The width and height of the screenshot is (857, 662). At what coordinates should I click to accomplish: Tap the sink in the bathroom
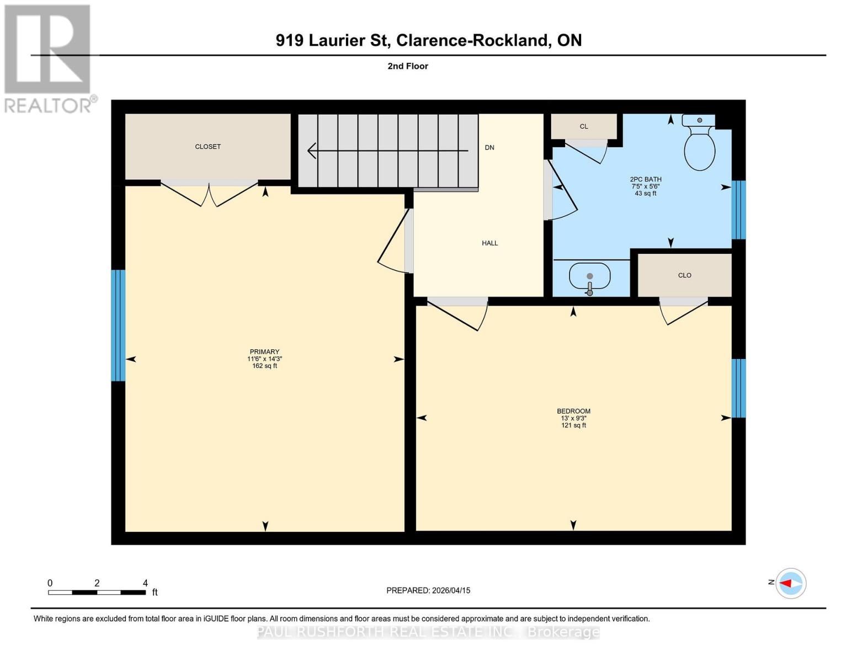pos(589,276)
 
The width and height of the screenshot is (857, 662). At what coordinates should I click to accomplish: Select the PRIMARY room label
pos(264,352)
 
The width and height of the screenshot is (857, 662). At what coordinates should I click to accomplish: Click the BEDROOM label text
pos(573,411)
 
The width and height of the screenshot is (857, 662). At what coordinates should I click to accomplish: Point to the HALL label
pos(489,243)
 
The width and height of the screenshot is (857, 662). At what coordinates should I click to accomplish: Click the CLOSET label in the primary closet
pos(207,147)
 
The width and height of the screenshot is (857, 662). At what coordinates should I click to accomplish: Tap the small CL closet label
pos(583,127)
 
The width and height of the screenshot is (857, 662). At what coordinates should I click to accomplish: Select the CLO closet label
pos(684,275)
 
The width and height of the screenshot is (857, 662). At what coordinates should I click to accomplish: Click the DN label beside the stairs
pos(489,148)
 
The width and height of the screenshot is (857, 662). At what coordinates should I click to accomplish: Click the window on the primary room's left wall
pos(118,325)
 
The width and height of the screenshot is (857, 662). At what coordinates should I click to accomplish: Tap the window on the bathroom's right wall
pos(738,210)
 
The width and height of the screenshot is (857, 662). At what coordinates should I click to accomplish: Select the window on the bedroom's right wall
pos(738,388)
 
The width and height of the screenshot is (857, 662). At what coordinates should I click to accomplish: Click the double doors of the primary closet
pos(209,193)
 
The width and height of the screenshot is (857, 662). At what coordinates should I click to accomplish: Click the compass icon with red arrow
pos(791,583)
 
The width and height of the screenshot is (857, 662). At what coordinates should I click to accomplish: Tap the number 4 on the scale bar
pos(145,583)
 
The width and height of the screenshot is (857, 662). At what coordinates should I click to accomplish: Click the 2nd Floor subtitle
pos(408,66)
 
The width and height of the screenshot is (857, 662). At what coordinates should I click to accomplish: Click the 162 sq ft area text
pos(264,366)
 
